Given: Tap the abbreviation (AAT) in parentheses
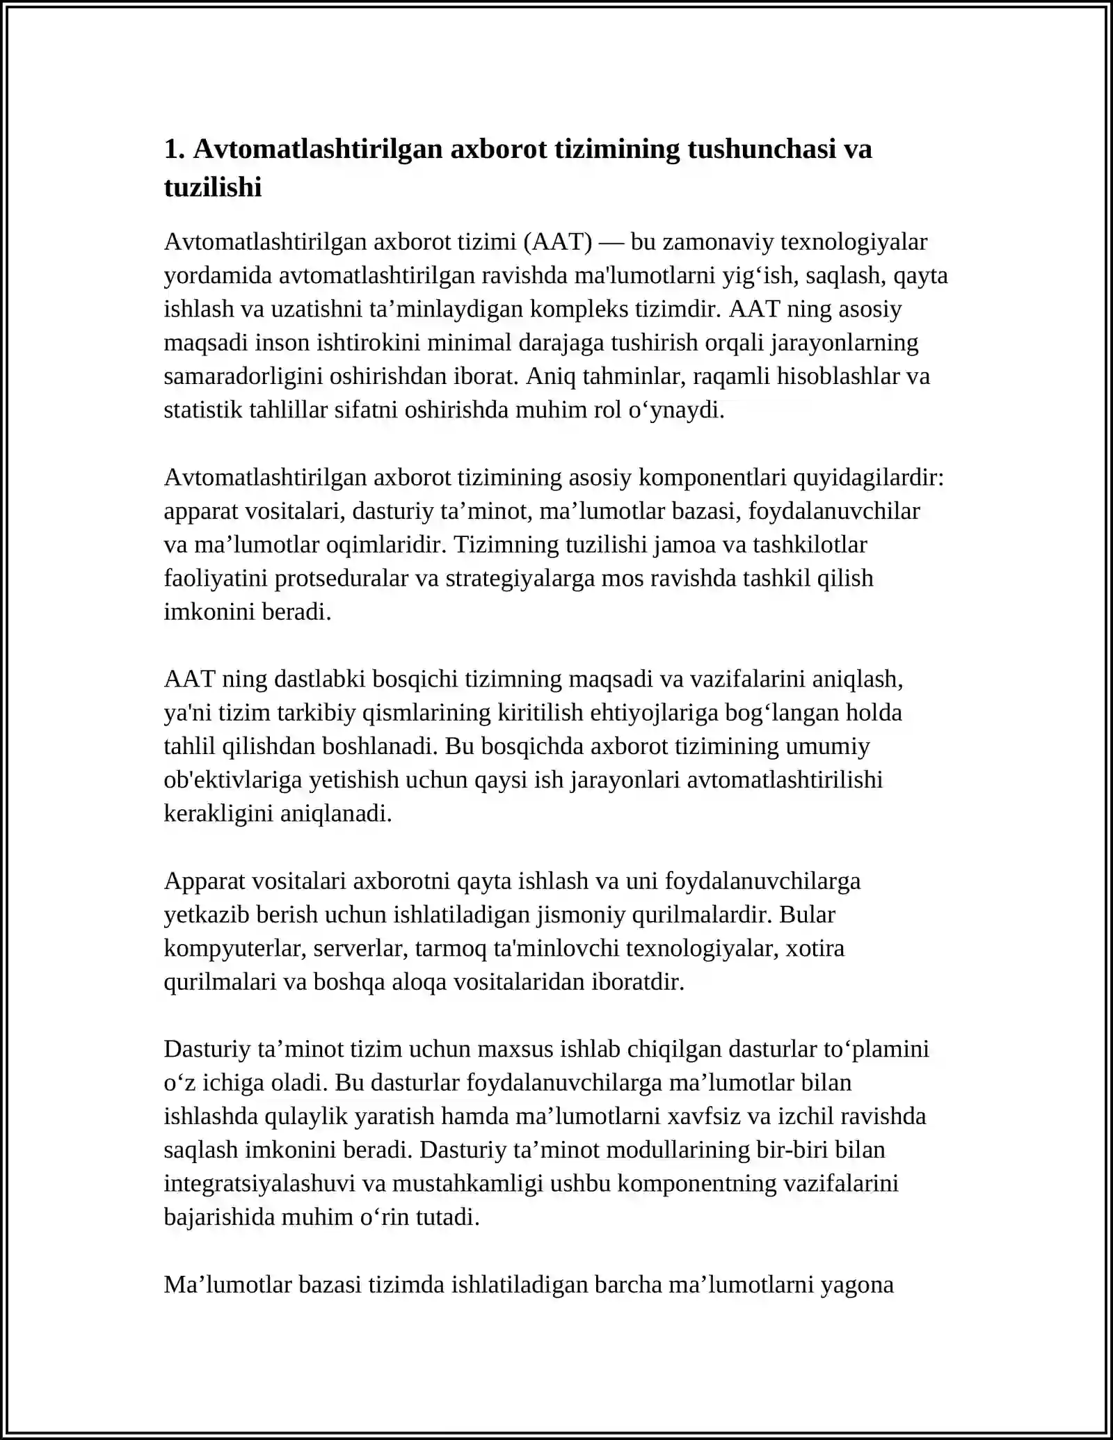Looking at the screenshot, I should [x=558, y=242].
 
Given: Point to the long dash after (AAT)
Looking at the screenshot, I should [x=611, y=242].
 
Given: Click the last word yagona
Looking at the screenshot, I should [x=857, y=1284].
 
